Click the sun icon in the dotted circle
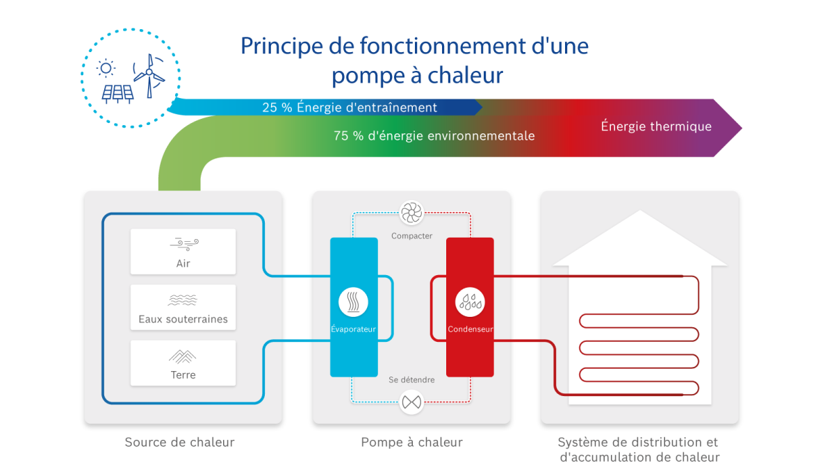point(106,67)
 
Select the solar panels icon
point(117,93)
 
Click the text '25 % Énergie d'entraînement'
point(350,108)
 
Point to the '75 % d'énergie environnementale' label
point(434,136)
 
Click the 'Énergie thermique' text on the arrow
point(656,126)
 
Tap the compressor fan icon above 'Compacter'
point(411,213)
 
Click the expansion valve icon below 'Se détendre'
point(411,402)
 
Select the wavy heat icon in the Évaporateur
point(354,302)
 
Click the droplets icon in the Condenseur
point(470,302)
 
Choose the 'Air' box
point(183,252)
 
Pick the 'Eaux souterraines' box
point(183,307)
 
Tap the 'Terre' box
point(183,363)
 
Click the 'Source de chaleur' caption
point(179,442)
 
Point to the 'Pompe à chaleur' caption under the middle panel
point(411,442)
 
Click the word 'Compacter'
point(411,236)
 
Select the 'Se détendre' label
point(411,380)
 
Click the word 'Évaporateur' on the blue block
point(354,329)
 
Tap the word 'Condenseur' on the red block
point(470,329)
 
